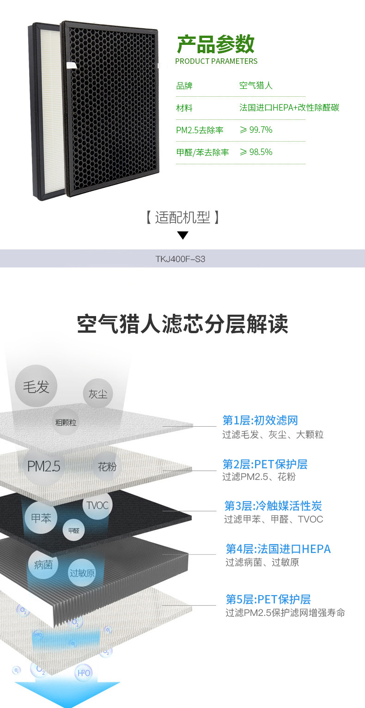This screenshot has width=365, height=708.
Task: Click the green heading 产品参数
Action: (x=216, y=44)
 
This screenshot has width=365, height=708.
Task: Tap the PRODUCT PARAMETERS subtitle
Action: (x=216, y=61)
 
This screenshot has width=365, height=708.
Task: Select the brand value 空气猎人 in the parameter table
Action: (x=256, y=86)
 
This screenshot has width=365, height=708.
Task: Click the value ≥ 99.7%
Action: (x=256, y=130)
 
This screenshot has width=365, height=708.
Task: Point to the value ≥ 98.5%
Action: (x=256, y=152)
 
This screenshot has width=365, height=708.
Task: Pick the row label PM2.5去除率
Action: (x=200, y=130)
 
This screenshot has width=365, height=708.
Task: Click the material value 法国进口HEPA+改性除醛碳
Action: (x=289, y=108)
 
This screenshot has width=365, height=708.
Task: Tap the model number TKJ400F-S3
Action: (x=180, y=259)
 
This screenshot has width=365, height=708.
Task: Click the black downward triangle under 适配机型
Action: (x=183, y=236)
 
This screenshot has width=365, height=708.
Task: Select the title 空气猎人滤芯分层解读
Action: (x=182, y=324)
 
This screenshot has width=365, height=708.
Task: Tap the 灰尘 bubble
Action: (x=98, y=394)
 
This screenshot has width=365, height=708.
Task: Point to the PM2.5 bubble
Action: (x=44, y=466)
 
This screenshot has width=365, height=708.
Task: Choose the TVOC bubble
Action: (x=97, y=505)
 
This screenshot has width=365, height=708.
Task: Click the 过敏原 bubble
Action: (x=82, y=573)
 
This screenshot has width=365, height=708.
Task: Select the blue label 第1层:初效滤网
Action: (x=260, y=420)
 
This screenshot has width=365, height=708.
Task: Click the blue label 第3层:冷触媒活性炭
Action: (x=273, y=505)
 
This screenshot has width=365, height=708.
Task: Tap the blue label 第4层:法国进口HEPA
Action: (x=278, y=549)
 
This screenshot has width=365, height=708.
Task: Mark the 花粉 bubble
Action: (x=107, y=466)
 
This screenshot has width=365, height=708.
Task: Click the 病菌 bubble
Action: (x=43, y=564)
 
